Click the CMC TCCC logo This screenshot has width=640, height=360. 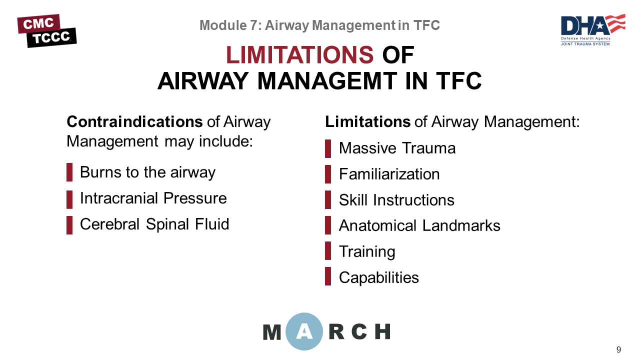point(47,30)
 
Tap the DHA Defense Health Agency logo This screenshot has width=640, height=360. point(593,29)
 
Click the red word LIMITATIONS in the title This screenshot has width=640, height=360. point(299,55)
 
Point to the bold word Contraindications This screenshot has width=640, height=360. point(134,121)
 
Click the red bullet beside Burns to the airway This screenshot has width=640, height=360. point(69,172)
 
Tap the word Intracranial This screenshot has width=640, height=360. point(119,198)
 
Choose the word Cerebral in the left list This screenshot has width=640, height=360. point(109,224)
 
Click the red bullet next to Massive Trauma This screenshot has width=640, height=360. point(328,148)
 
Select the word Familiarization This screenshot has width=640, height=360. point(389,174)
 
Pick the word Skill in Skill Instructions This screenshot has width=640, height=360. point(353,199)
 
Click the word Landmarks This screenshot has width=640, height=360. point(461,225)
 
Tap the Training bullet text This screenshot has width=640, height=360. point(367,251)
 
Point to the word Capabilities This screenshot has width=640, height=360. point(379,277)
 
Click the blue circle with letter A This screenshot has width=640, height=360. point(304,331)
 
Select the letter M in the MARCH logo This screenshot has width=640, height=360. point(271,332)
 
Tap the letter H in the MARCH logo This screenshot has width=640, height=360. point(382,331)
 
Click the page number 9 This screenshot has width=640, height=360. point(618,349)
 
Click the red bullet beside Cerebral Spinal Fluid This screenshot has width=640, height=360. point(69,225)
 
